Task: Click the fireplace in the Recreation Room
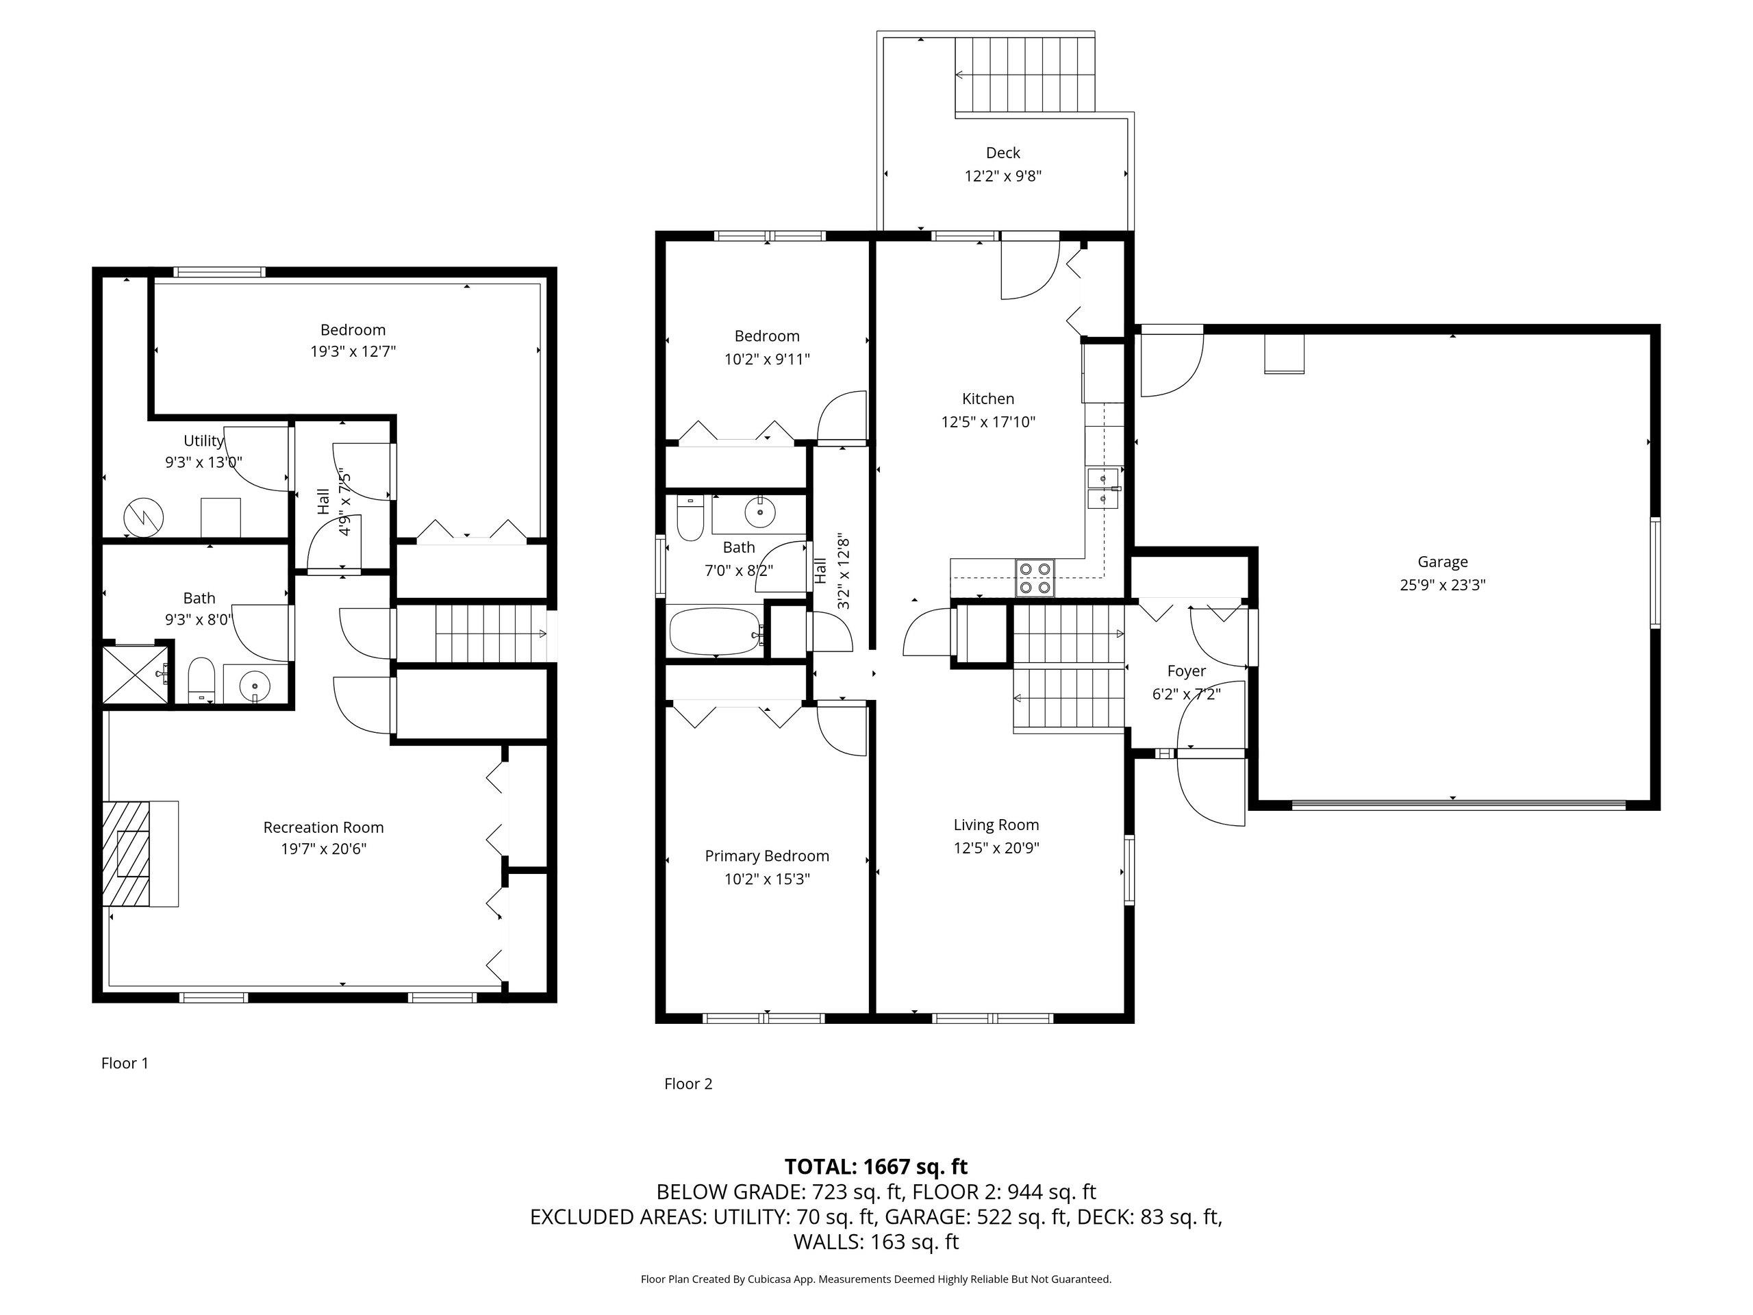140,853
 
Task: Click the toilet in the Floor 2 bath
690,518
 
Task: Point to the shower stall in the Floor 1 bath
136,674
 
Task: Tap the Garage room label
1442,562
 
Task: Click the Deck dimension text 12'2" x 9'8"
1002,176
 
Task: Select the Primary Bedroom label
767,856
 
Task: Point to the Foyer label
1187,671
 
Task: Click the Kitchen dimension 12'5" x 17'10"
988,422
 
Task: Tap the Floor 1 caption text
125,1063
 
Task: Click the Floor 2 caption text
688,1084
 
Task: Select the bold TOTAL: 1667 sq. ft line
876,1166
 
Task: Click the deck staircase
1024,75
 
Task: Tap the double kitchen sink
1103,488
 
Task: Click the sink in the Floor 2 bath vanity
760,514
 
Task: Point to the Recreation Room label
323,827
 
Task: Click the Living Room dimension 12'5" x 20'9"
996,848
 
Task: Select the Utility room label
203,440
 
